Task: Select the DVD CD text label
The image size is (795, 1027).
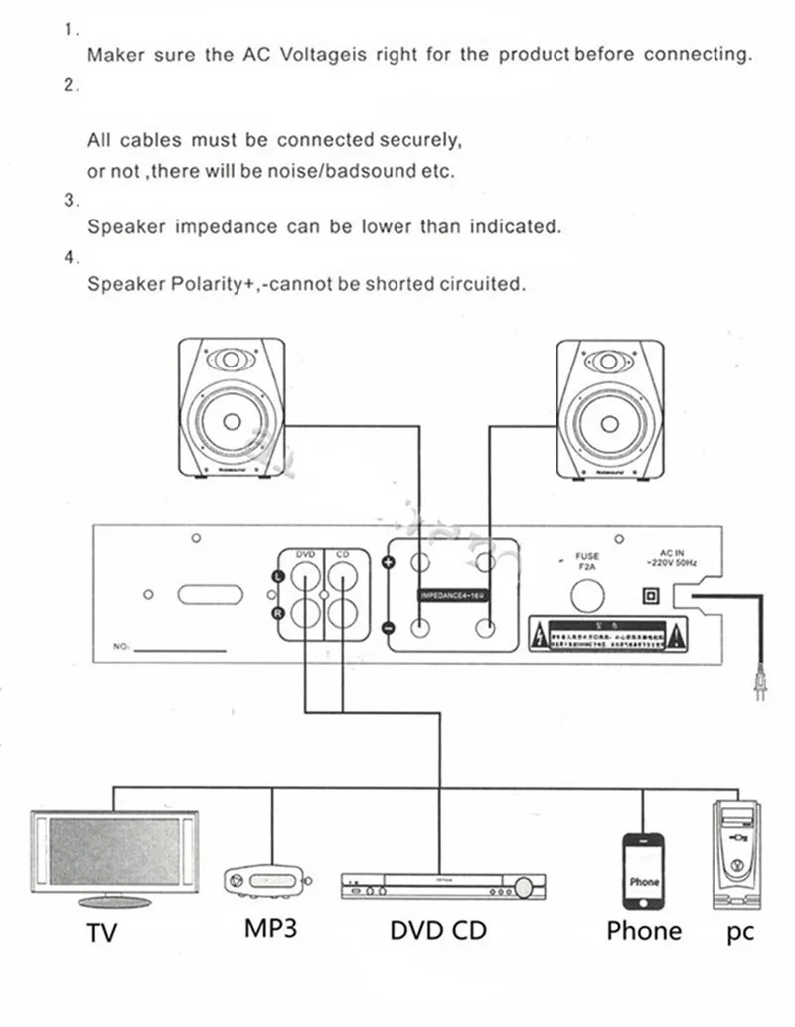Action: (438, 931)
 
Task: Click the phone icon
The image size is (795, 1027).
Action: (644, 871)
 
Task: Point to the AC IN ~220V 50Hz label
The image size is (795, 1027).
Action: (672, 558)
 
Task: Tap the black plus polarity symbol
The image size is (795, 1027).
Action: (389, 563)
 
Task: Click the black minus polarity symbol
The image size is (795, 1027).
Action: (389, 628)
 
